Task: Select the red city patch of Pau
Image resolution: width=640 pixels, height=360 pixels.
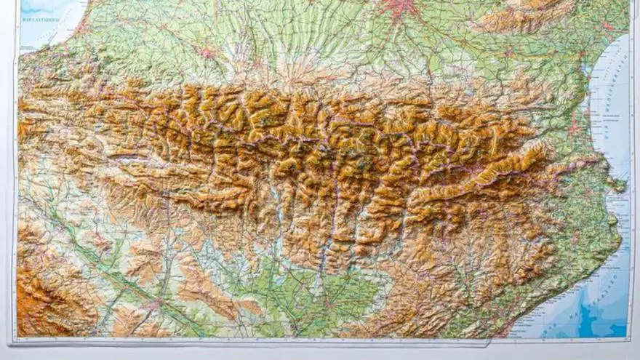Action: tap(207, 53)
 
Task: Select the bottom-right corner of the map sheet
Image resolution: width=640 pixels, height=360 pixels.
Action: tap(631, 340)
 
